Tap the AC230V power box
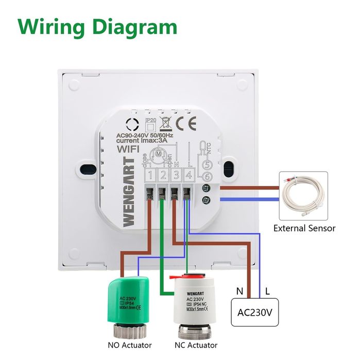tap(254, 313)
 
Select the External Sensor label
tap(304, 228)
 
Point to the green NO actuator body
tap(130, 301)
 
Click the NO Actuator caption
tap(129, 345)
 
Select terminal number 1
tap(149, 175)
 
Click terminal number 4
tap(188, 175)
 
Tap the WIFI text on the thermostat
tap(127, 149)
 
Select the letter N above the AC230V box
tap(239, 292)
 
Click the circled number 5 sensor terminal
tap(207, 165)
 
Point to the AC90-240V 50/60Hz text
tap(144, 135)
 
